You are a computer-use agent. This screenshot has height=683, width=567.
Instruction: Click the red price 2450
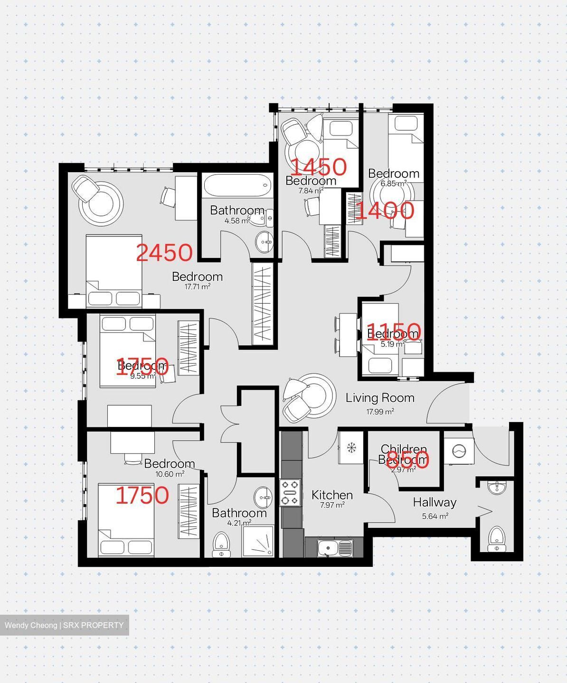click(x=164, y=253)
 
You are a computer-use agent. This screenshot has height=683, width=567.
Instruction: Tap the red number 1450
click(x=318, y=166)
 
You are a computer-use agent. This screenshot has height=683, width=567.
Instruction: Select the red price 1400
click(x=385, y=211)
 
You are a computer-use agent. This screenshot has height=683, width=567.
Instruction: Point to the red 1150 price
click(x=394, y=331)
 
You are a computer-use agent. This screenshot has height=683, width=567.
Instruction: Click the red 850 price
click(x=407, y=459)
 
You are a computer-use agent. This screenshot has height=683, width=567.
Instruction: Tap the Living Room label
click(x=379, y=398)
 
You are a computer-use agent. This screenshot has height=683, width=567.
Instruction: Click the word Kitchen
click(x=332, y=495)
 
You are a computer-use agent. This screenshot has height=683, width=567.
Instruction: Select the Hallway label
click(x=434, y=502)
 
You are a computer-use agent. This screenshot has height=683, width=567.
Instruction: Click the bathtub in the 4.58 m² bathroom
click(x=236, y=186)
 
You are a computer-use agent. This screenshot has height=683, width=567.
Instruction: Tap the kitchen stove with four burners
click(x=290, y=493)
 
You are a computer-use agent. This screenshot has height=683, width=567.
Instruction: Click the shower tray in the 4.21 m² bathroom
click(x=258, y=541)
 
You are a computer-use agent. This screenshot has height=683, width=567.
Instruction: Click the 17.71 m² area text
click(x=197, y=287)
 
